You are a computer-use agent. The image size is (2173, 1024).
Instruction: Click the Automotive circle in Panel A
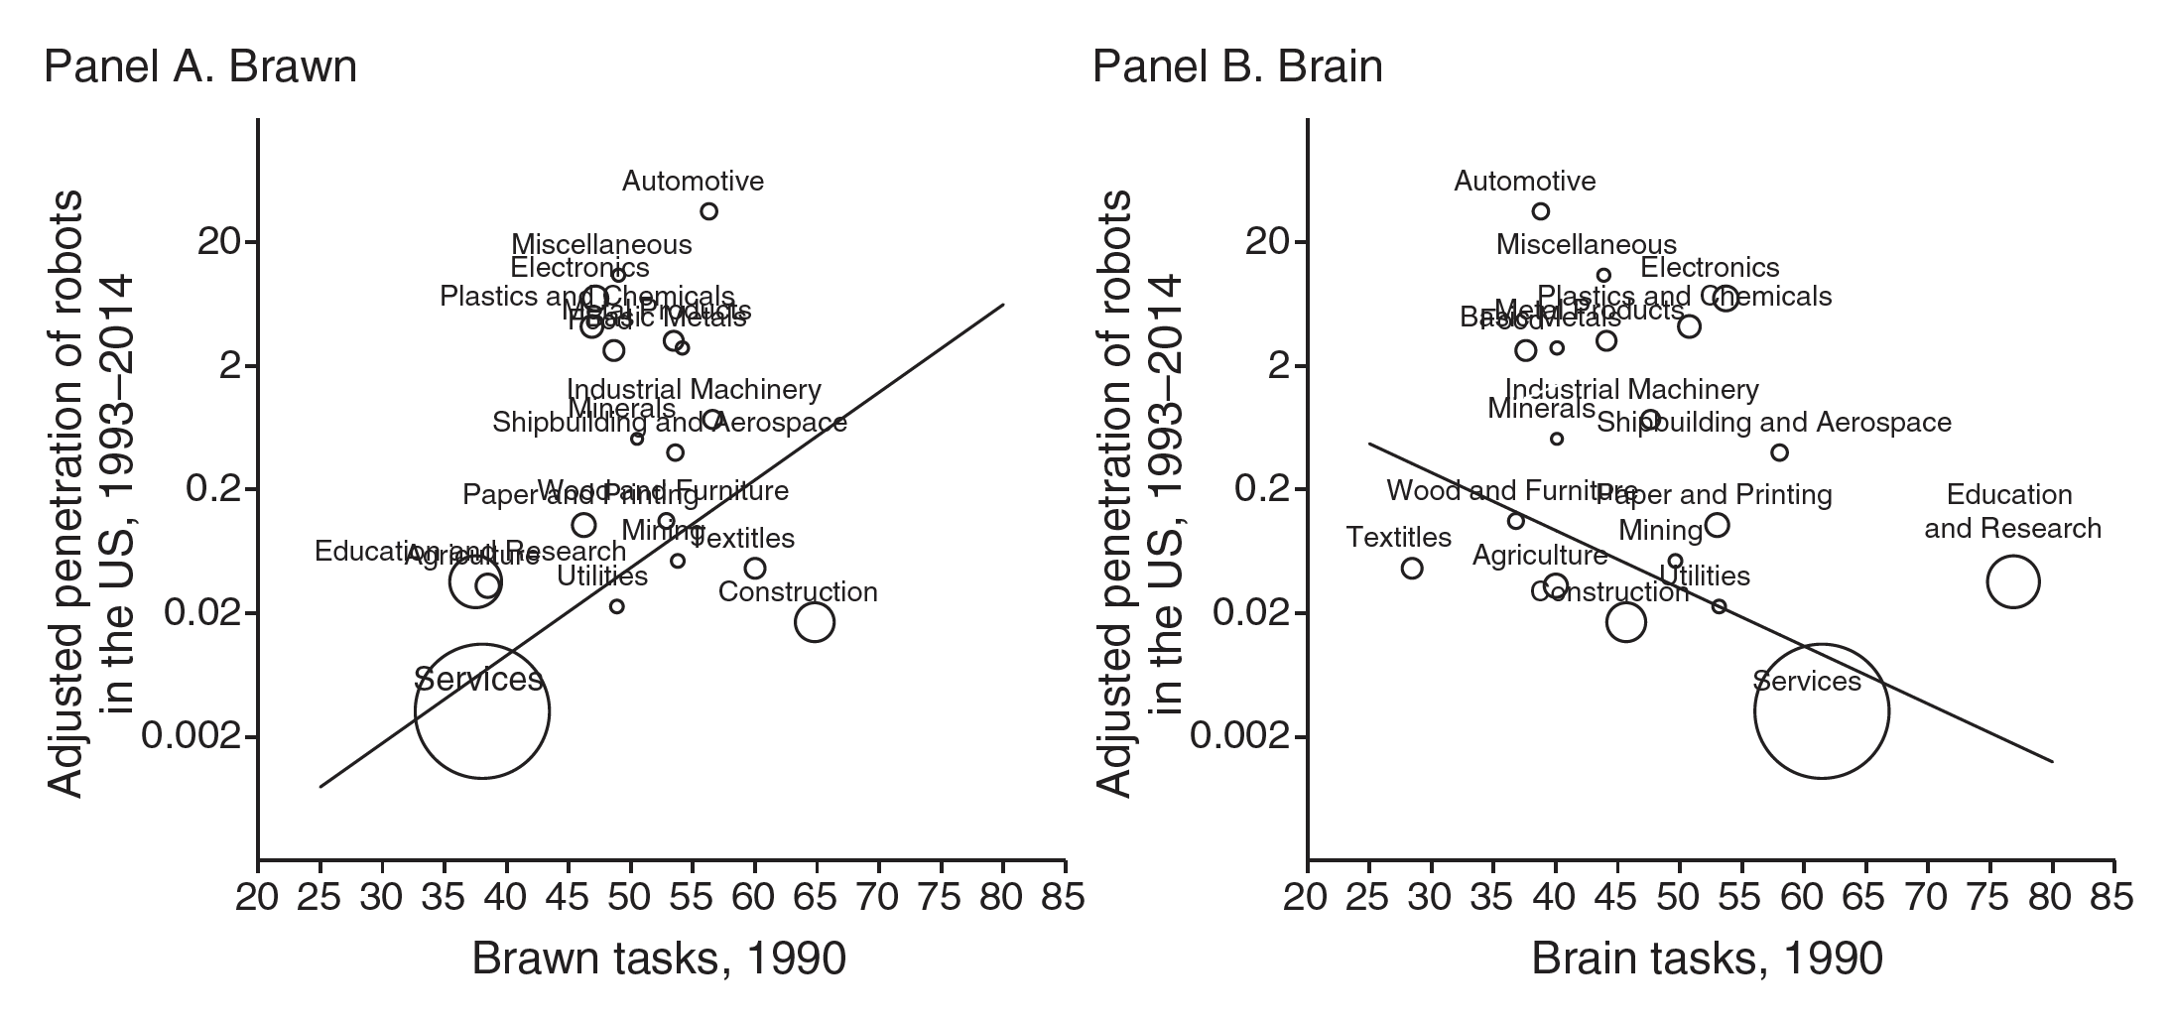pos(708,211)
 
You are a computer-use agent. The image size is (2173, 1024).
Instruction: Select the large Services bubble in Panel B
pos(1821,710)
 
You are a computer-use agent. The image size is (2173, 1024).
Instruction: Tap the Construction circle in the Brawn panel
pos(814,622)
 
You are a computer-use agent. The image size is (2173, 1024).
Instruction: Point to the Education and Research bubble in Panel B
pos(2012,581)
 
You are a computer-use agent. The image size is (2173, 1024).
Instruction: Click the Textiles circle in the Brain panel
pos(1412,569)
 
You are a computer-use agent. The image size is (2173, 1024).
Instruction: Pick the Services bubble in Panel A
pos(482,710)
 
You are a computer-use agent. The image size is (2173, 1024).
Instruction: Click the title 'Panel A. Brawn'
pos(200,66)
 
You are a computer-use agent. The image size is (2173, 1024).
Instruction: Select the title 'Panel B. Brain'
pos(1237,66)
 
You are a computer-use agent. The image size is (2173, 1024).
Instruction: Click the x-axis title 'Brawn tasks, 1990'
pos(659,960)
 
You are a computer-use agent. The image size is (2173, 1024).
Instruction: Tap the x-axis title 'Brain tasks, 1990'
pos(1707,960)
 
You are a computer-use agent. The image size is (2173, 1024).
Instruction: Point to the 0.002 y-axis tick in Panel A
pos(191,736)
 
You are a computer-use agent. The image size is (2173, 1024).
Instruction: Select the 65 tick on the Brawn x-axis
pos(816,897)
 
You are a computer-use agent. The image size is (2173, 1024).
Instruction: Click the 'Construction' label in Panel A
pos(798,592)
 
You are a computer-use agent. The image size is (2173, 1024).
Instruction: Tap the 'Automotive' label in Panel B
pos(1525,182)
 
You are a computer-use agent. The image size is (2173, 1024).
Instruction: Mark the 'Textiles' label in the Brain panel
pos(1399,538)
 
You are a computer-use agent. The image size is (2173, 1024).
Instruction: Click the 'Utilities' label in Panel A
pos(602,576)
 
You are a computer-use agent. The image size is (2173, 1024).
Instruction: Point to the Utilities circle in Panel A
pos(616,606)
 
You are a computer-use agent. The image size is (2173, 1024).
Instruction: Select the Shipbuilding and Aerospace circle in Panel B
pos(1779,452)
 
